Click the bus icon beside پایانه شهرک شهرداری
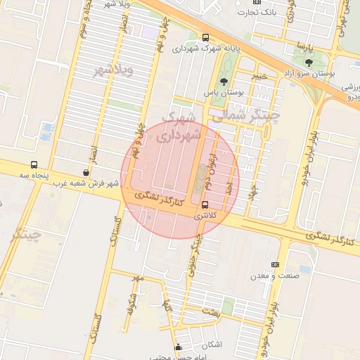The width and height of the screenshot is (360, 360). pos(205,37)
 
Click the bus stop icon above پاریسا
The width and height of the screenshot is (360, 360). pos(303,32)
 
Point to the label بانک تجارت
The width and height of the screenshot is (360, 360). pos(257,12)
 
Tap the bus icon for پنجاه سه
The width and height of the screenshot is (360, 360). pos(34,165)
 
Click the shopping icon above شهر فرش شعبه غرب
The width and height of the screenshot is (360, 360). pos(86,172)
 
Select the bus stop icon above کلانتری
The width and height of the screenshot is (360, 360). pos(205,205)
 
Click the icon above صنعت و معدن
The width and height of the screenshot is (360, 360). pos(275,264)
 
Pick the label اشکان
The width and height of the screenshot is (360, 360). pos(211,345)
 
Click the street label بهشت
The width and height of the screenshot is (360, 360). pos(212,310)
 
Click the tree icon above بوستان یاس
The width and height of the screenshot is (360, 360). pos(224,82)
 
